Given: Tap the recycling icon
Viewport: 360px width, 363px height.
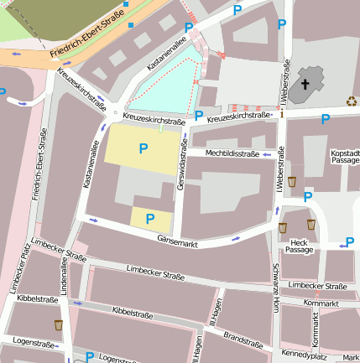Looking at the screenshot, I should coord(351,101).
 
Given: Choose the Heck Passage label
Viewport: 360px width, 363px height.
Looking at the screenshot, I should coord(299,246).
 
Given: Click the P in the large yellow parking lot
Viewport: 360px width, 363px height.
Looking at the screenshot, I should coord(143,148).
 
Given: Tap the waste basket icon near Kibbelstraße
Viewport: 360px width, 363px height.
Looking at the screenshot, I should coord(59,324).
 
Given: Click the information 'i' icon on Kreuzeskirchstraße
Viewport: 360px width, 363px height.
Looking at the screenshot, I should coord(283,113).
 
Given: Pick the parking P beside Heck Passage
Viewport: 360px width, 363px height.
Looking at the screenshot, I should coord(349,243).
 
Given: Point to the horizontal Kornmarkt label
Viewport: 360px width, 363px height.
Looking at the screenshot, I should coord(321,302).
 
